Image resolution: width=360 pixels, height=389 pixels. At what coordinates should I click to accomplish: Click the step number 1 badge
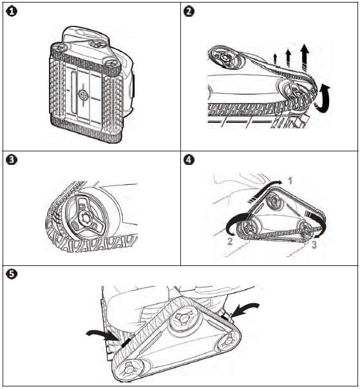[12, 12]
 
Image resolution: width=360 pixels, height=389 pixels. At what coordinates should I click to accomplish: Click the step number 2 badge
[189, 12]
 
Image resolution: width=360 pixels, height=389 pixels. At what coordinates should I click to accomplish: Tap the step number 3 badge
[12, 160]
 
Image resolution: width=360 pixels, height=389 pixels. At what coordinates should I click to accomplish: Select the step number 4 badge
[189, 160]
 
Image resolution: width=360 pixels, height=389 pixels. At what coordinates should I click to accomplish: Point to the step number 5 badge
[12, 274]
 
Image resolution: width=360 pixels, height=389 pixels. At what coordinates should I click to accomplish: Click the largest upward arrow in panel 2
[305, 59]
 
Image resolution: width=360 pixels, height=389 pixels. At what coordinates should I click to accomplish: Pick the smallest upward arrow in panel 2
[275, 59]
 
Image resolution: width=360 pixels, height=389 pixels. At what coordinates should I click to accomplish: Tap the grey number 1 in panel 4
[290, 181]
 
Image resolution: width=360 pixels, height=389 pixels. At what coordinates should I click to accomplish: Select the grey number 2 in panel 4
[230, 242]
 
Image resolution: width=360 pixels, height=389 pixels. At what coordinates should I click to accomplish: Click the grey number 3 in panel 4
[314, 245]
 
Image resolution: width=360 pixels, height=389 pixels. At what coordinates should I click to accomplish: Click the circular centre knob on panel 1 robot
[83, 95]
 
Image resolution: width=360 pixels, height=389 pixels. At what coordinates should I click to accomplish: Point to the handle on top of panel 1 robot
[86, 32]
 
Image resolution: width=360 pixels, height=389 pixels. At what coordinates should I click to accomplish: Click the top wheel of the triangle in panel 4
[274, 200]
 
